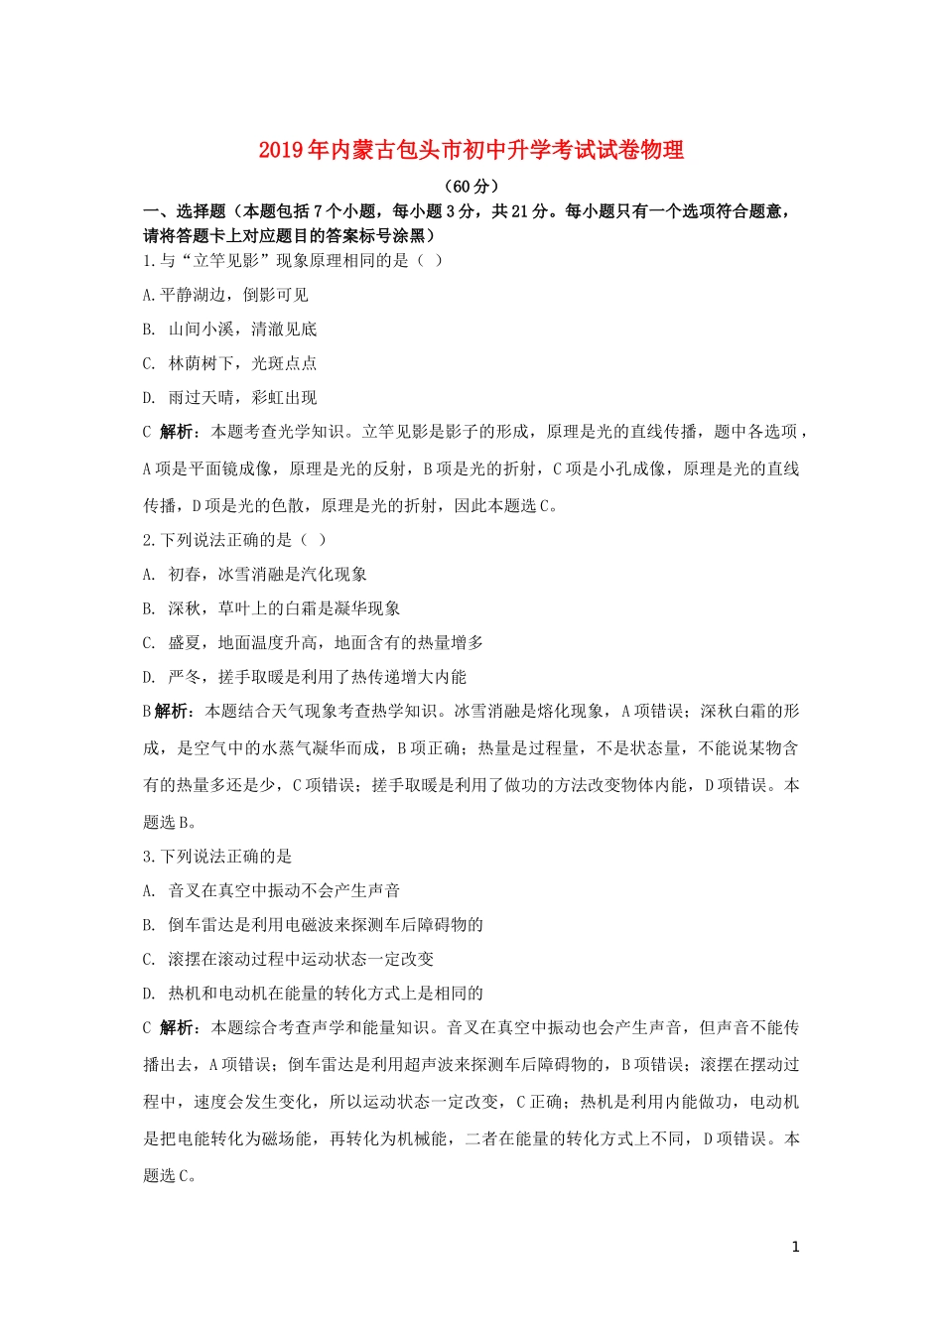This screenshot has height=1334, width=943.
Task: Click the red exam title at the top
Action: click(x=471, y=151)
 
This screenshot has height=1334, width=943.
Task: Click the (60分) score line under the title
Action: click(x=471, y=186)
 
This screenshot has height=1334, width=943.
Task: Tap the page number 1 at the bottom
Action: click(x=796, y=1247)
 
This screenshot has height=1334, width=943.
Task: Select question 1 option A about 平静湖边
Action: click(x=226, y=295)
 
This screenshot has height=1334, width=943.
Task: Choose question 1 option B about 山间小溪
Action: click(x=230, y=330)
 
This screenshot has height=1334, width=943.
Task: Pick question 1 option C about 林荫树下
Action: click(x=230, y=363)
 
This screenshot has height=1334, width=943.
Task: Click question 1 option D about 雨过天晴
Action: click(x=230, y=398)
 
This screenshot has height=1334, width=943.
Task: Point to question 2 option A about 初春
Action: click(x=255, y=575)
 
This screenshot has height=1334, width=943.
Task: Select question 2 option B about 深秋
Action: click(x=272, y=608)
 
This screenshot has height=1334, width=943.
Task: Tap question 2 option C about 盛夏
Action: click(x=313, y=643)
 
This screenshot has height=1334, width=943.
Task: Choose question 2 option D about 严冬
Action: click(x=305, y=677)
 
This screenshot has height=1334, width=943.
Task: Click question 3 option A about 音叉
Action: click(x=272, y=891)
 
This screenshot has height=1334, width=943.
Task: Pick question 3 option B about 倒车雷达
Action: click(x=313, y=925)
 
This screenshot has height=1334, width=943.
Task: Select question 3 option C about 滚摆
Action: click(x=288, y=960)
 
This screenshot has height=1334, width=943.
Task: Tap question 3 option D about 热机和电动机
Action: click(x=313, y=994)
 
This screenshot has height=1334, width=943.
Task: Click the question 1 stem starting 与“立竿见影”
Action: click(x=293, y=261)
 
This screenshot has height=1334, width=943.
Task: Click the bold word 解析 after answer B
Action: click(x=172, y=712)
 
